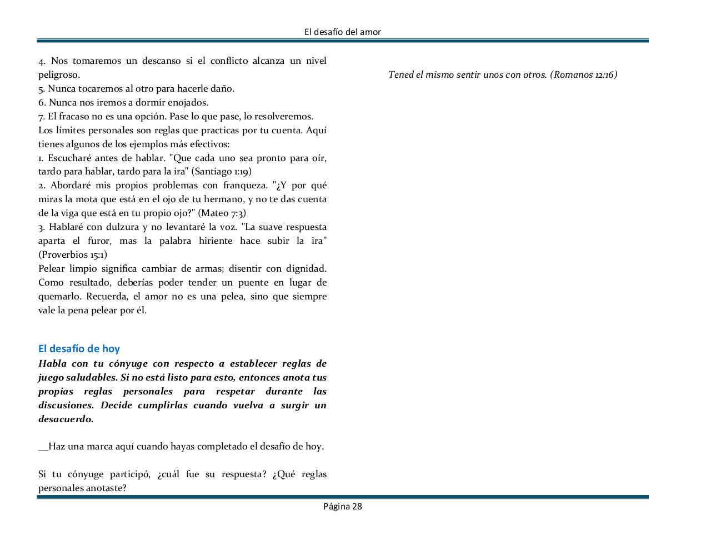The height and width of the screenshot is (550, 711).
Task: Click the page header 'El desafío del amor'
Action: (343, 32)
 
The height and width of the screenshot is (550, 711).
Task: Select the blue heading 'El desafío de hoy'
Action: (79, 349)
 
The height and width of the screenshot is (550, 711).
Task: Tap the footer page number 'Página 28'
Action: (343, 506)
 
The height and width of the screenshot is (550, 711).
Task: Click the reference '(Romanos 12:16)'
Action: (583, 74)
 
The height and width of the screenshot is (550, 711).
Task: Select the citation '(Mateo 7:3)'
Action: (222, 213)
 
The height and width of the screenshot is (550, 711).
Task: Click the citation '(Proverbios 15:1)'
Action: (73, 254)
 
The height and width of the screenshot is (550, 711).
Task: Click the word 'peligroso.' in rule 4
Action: (59, 74)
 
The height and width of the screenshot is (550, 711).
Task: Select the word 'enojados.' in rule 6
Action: (188, 102)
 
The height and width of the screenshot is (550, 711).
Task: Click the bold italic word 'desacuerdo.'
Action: (66, 419)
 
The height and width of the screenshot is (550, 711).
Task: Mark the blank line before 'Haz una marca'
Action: (43, 448)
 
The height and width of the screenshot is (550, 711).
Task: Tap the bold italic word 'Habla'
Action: (52, 363)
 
